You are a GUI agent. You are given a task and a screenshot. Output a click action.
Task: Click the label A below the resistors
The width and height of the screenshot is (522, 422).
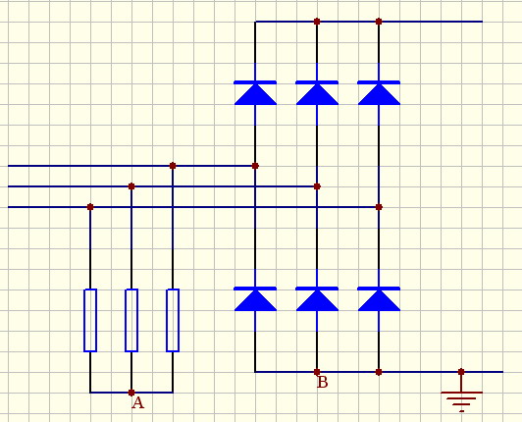(x=137, y=403)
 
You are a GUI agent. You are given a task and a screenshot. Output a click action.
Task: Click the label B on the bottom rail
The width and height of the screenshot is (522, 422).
(x=322, y=383)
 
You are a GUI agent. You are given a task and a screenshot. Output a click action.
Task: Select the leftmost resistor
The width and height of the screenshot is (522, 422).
(x=90, y=320)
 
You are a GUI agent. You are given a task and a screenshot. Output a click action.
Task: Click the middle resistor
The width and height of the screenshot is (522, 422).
(x=131, y=320)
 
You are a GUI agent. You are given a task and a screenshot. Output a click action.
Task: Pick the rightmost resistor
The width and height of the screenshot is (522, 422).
(x=173, y=320)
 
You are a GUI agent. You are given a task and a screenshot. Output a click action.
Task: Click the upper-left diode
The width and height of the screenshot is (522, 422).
(x=255, y=93)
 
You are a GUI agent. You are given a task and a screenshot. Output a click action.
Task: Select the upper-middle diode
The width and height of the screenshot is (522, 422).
(x=317, y=93)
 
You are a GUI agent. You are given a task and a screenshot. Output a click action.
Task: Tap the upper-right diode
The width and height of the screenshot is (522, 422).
(x=379, y=93)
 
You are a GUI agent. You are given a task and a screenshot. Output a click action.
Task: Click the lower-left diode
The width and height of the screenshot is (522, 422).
(x=255, y=298)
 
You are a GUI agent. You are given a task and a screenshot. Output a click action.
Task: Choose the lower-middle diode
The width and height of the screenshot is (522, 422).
(x=317, y=298)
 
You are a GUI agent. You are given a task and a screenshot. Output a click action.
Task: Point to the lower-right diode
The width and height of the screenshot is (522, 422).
(x=379, y=298)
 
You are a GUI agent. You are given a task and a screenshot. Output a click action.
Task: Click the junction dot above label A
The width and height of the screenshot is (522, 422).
(x=131, y=393)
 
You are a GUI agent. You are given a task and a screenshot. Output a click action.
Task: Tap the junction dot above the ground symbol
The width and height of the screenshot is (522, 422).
(x=461, y=372)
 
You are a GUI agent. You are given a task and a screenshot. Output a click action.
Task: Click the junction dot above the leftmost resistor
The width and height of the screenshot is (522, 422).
(x=90, y=207)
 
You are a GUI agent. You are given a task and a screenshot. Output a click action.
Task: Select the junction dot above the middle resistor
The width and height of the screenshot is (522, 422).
(x=131, y=186)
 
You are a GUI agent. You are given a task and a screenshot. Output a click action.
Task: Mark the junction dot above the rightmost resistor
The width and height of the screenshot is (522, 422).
(x=173, y=166)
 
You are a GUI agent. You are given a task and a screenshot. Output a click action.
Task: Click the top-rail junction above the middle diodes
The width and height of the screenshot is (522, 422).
(x=317, y=22)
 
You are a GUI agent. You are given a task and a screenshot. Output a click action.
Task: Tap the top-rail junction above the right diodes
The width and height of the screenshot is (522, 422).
(x=379, y=22)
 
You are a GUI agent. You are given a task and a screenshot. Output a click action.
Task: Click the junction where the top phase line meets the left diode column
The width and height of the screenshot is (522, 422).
(x=255, y=166)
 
